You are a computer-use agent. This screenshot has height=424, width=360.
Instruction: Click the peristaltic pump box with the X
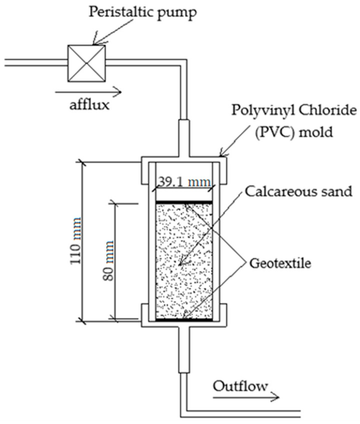[x=87, y=62]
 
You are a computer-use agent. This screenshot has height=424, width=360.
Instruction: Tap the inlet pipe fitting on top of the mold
[x=184, y=137]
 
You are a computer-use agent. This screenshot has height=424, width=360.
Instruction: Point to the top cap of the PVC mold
[x=184, y=159]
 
